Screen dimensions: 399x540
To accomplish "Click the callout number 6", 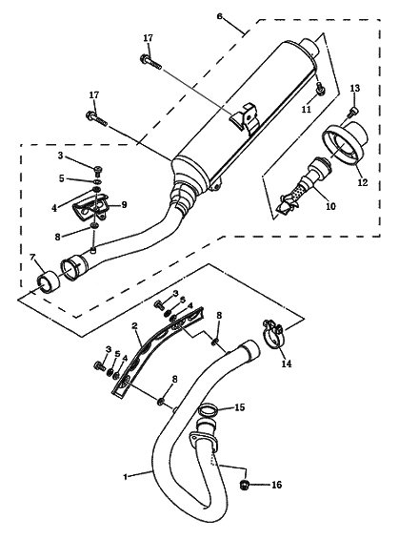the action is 220,16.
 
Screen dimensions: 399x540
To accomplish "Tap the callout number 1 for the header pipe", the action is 126,477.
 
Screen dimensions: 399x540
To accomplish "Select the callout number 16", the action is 277,485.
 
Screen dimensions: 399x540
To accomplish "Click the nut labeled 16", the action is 244,485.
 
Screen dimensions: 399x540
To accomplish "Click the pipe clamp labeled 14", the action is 273,334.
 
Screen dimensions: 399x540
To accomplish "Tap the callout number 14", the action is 287,363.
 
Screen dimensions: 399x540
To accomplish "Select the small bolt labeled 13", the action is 352,112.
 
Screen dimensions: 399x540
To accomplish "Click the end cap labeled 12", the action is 345,142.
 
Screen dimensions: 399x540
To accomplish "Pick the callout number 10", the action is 330,206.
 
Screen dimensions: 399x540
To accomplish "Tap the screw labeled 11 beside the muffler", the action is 320,88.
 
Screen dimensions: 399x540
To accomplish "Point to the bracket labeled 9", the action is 90,207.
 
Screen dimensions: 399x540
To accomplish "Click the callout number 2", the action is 134,325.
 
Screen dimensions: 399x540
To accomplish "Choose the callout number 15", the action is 240,407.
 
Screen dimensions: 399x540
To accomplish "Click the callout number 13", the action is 355,89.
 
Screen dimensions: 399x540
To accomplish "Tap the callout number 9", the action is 124,204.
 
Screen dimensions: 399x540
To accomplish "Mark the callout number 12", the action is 363,182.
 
